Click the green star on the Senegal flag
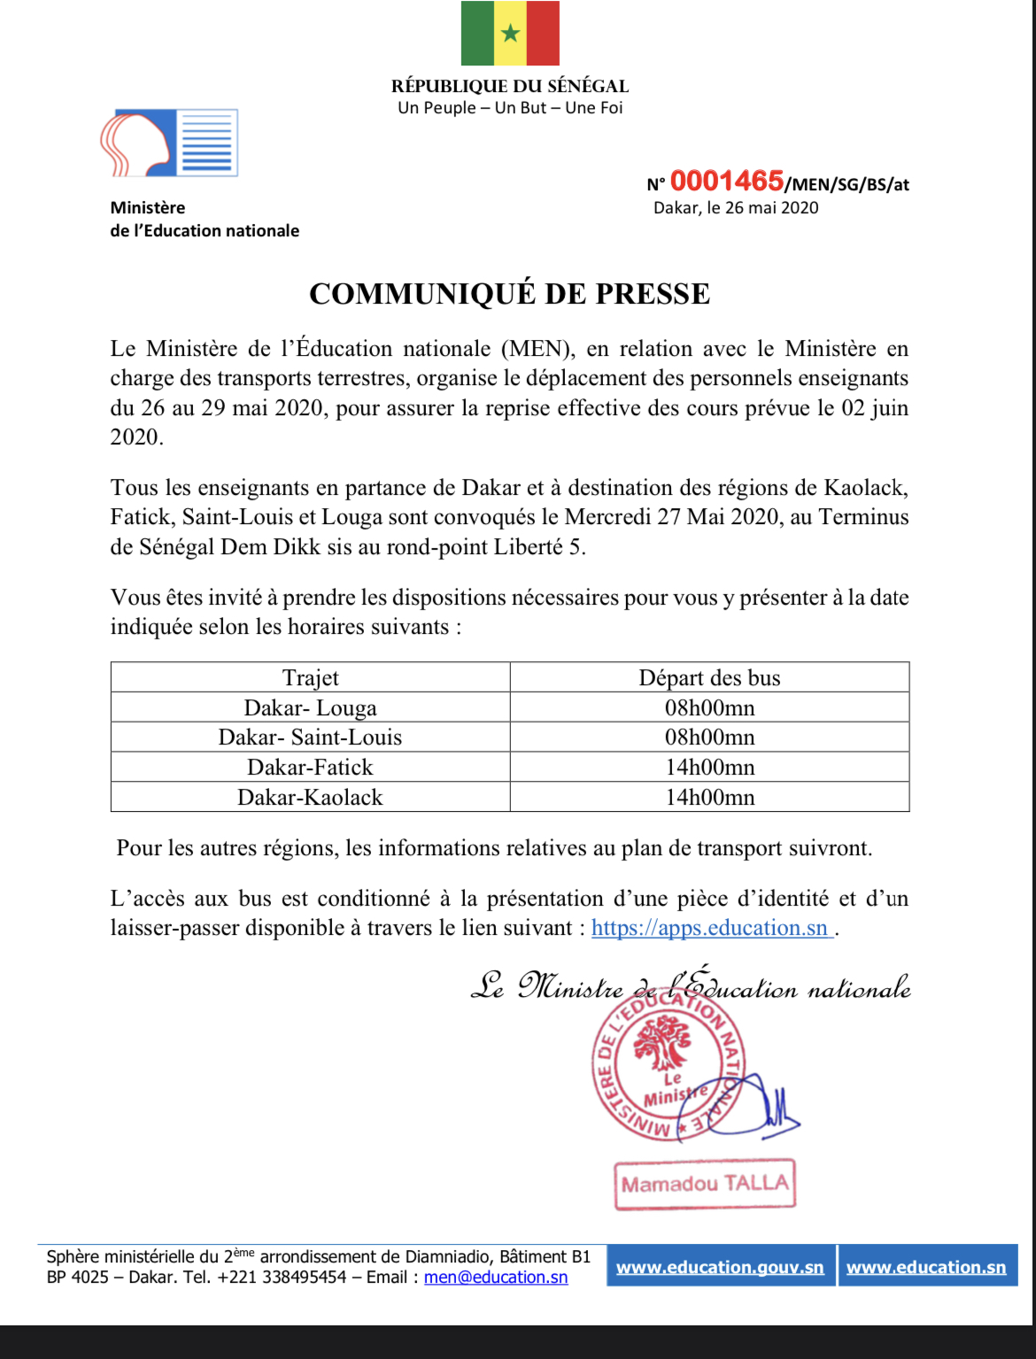click(510, 34)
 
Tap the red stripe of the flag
click(543, 34)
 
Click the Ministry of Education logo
click(169, 143)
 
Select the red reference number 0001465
click(726, 181)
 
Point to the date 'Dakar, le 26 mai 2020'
click(736, 208)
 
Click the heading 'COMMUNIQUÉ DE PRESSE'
click(509, 294)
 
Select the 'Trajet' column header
click(310, 678)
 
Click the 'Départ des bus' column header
click(709, 678)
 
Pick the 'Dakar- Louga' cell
click(310, 708)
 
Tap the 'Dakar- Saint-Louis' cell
click(310, 737)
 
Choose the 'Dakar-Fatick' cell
click(310, 768)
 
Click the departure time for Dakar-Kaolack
click(709, 798)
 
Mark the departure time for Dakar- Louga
click(709, 708)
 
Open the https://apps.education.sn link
click(710, 928)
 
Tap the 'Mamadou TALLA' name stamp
click(705, 1185)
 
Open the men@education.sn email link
click(496, 1278)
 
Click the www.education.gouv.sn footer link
click(720, 1267)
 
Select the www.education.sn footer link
click(926, 1267)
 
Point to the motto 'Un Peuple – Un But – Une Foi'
click(510, 108)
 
